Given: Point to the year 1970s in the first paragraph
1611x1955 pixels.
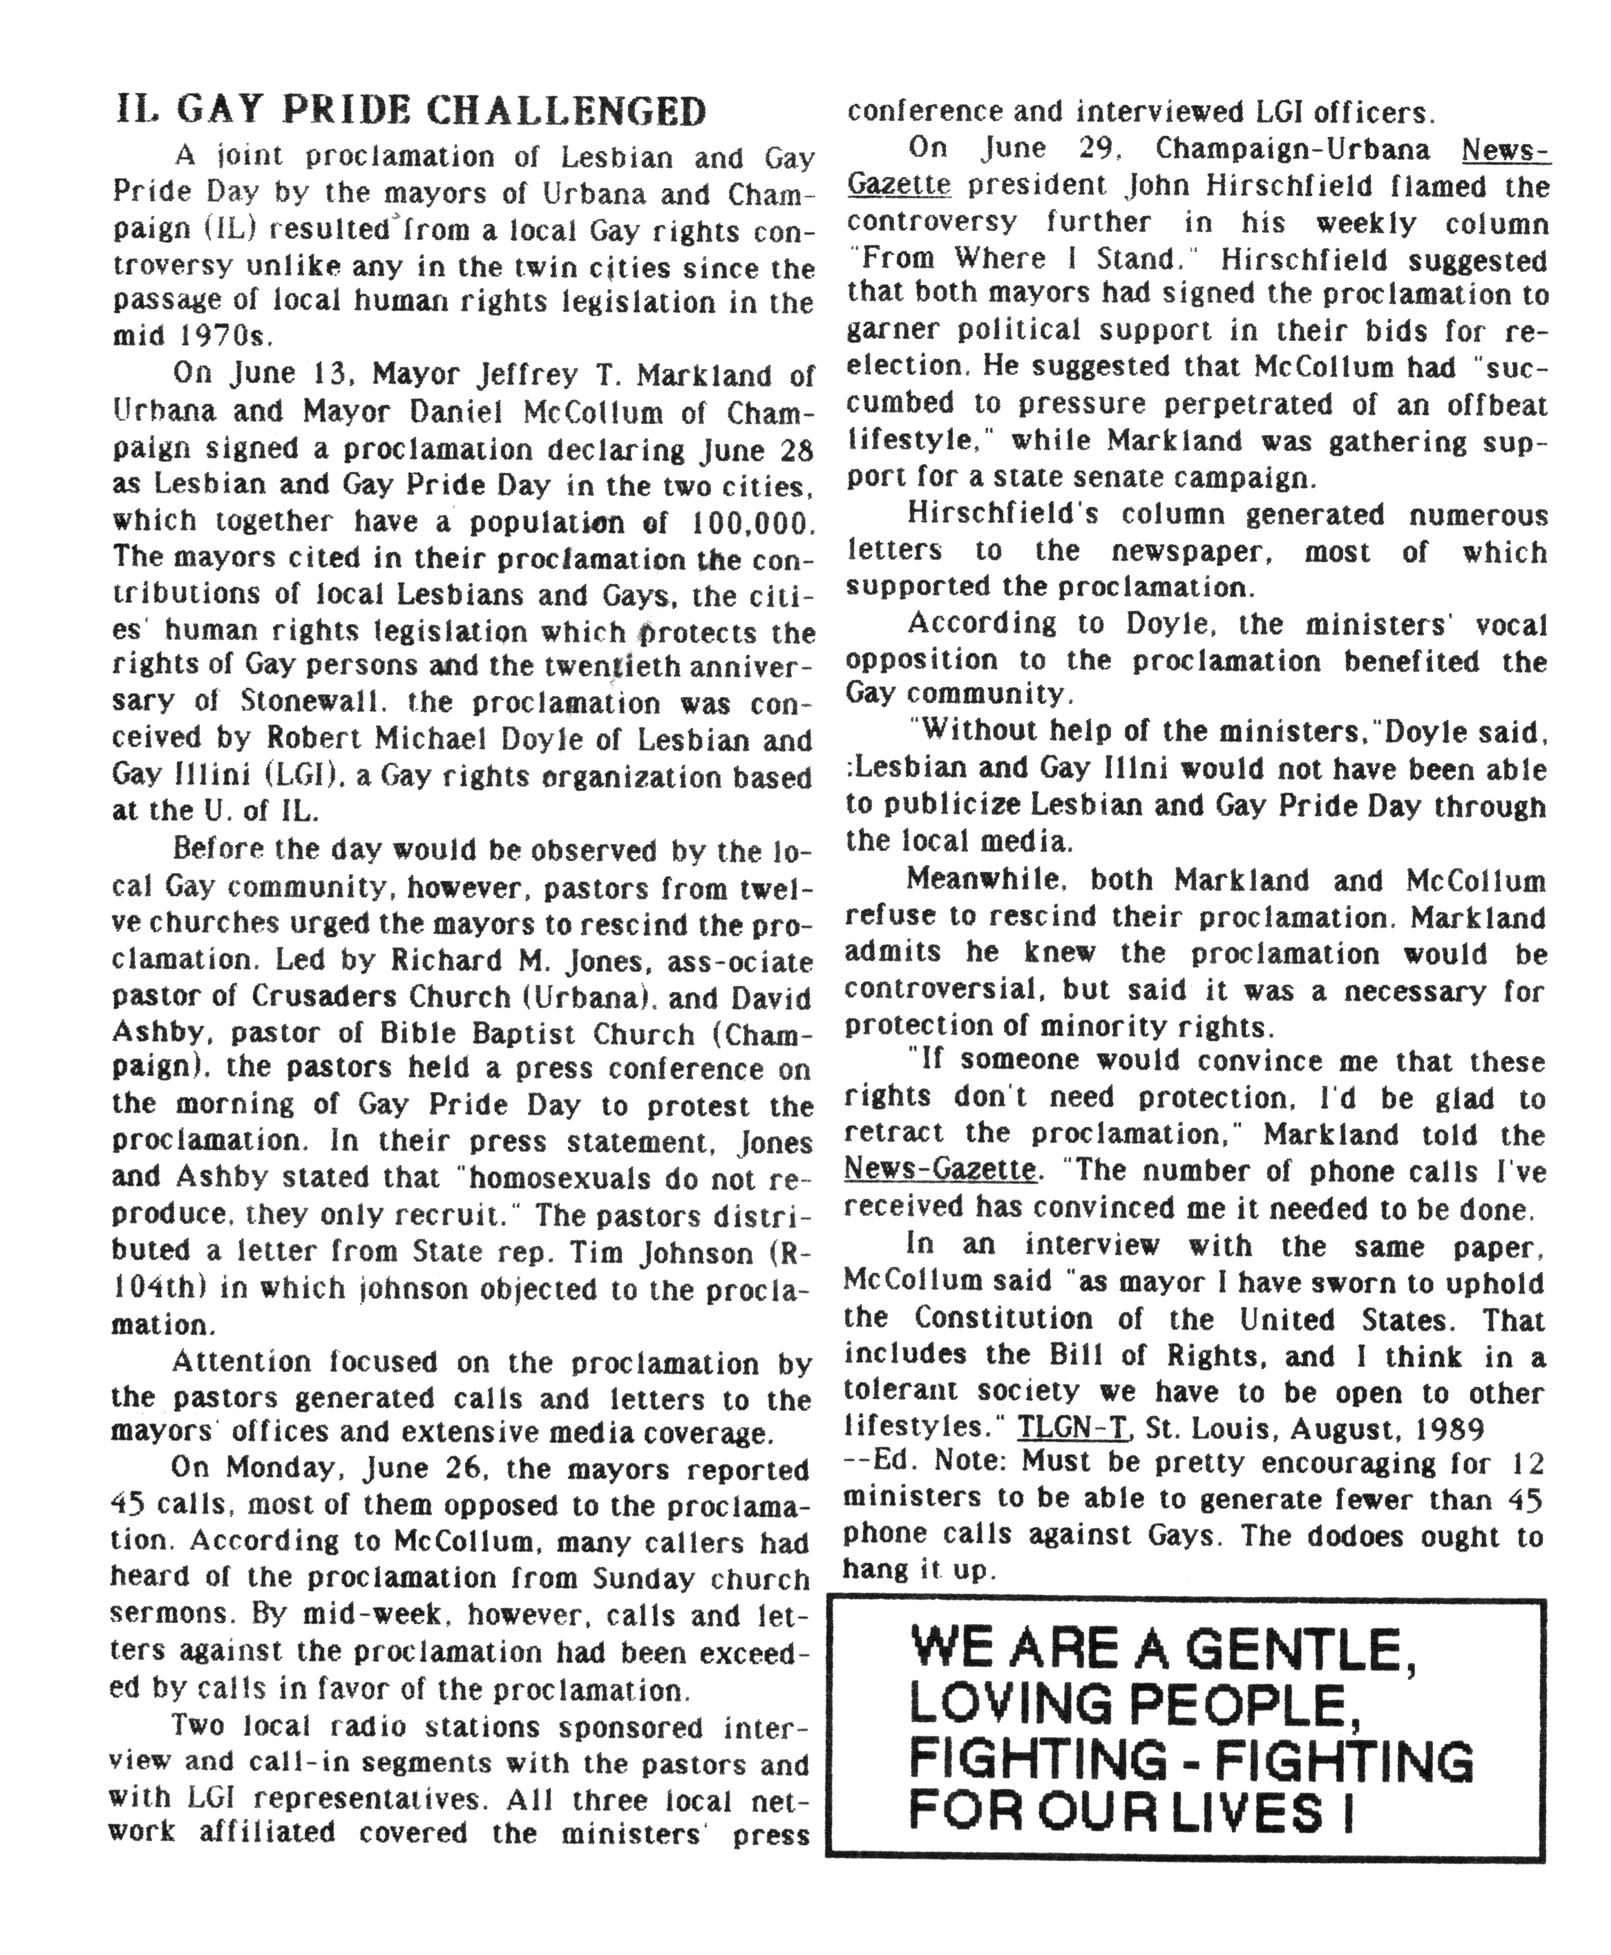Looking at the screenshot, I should coord(210,336).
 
